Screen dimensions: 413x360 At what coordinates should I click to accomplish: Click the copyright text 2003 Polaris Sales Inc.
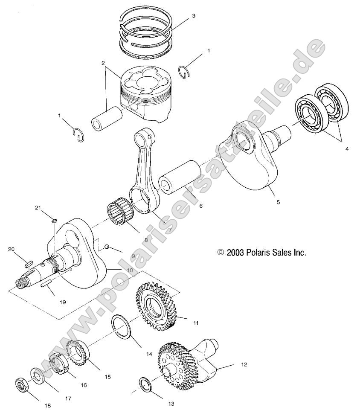261,252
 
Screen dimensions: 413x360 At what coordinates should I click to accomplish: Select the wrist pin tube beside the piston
105,118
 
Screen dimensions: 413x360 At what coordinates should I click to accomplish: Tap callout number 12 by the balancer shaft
244,365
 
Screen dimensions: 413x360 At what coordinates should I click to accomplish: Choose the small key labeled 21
54,220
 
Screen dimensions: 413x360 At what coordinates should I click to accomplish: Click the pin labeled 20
29,263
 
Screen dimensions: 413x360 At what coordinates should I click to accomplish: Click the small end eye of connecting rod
142,139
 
